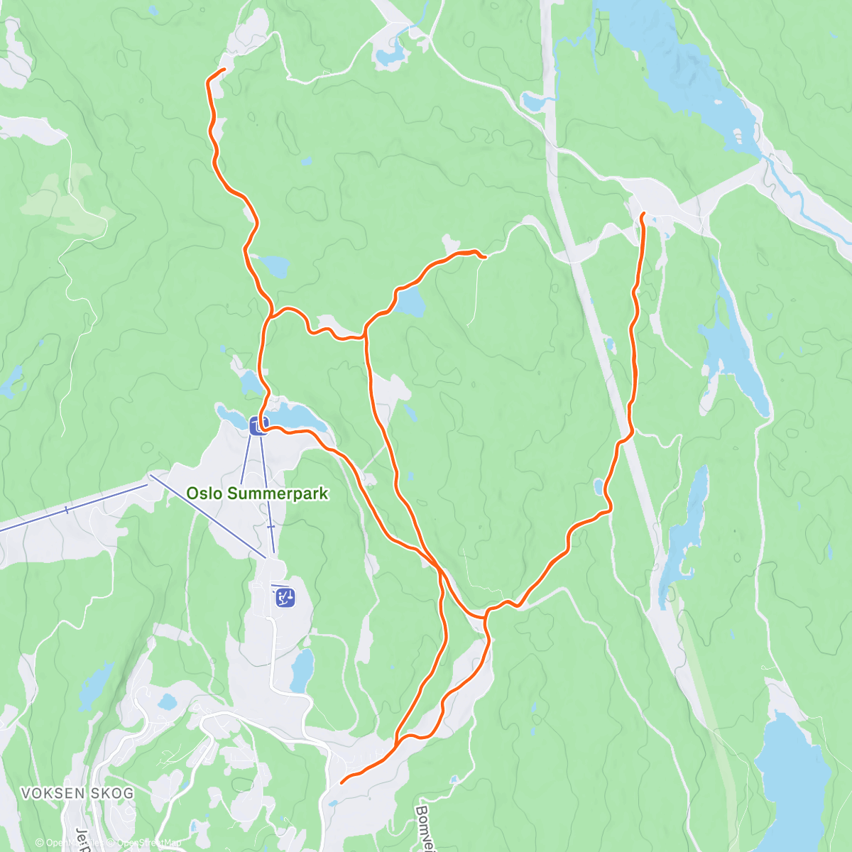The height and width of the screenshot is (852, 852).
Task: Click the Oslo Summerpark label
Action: tap(257, 493)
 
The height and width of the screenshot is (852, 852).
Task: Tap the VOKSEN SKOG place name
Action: tap(77, 793)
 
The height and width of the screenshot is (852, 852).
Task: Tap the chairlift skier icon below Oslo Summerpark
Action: tap(285, 597)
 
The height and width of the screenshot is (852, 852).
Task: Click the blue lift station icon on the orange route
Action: tap(258, 425)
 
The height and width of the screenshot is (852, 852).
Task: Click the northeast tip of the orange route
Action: tap(643, 213)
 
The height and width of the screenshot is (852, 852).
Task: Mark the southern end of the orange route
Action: tap(342, 782)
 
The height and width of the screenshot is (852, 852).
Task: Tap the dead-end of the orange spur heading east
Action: tap(484, 256)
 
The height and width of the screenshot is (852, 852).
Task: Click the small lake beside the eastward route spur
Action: tap(410, 304)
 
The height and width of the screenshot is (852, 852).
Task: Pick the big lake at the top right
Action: tap(682, 71)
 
